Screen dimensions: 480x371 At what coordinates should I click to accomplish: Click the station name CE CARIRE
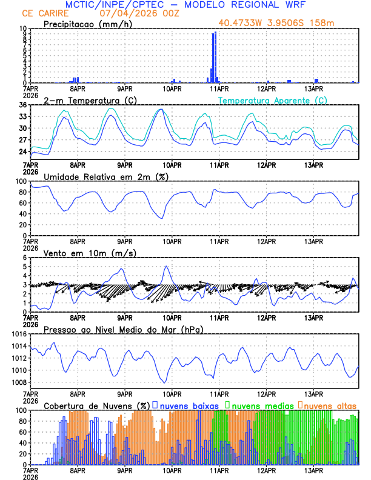[x=45, y=13]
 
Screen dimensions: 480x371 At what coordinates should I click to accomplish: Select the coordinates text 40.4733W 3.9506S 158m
[x=286, y=23]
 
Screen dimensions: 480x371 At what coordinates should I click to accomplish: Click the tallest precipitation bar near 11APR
[x=215, y=57]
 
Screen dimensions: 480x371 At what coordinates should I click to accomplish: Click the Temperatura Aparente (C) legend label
[x=273, y=100]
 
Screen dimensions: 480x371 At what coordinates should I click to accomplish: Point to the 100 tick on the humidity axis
[x=21, y=181]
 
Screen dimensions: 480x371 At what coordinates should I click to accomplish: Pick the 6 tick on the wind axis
[x=25, y=258]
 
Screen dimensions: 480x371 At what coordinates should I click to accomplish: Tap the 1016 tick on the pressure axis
[x=19, y=334]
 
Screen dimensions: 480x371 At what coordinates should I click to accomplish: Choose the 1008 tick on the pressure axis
[x=19, y=382]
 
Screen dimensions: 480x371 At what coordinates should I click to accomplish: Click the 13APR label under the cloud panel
[x=313, y=470]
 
